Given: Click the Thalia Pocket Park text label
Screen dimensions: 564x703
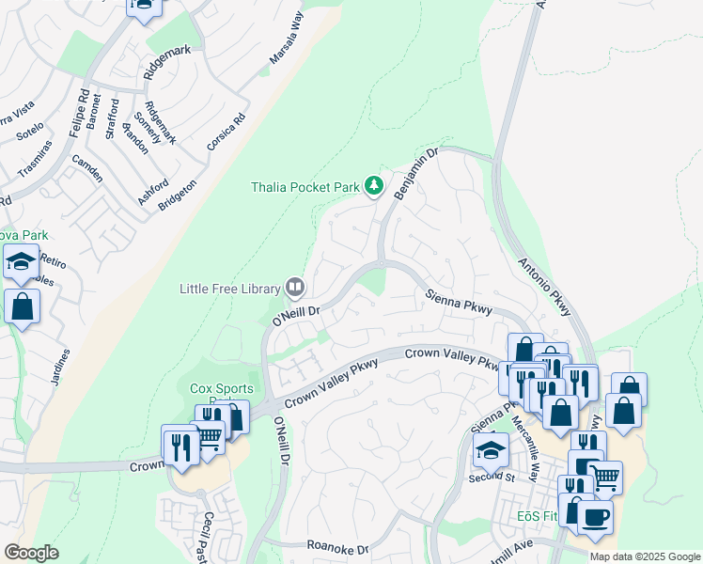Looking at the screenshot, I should point(305,187).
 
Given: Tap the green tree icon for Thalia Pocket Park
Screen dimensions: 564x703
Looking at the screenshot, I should point(374,186).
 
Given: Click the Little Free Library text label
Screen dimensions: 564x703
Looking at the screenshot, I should point(230,289).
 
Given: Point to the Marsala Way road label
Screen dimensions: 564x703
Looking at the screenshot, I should point(288,39).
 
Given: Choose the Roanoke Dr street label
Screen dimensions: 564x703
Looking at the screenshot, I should point(337,546).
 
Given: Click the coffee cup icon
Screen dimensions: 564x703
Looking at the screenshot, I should point(594,516).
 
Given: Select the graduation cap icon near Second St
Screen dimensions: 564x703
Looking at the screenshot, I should point(490,450).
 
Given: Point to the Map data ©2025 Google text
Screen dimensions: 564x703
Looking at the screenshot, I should point(645,556).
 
